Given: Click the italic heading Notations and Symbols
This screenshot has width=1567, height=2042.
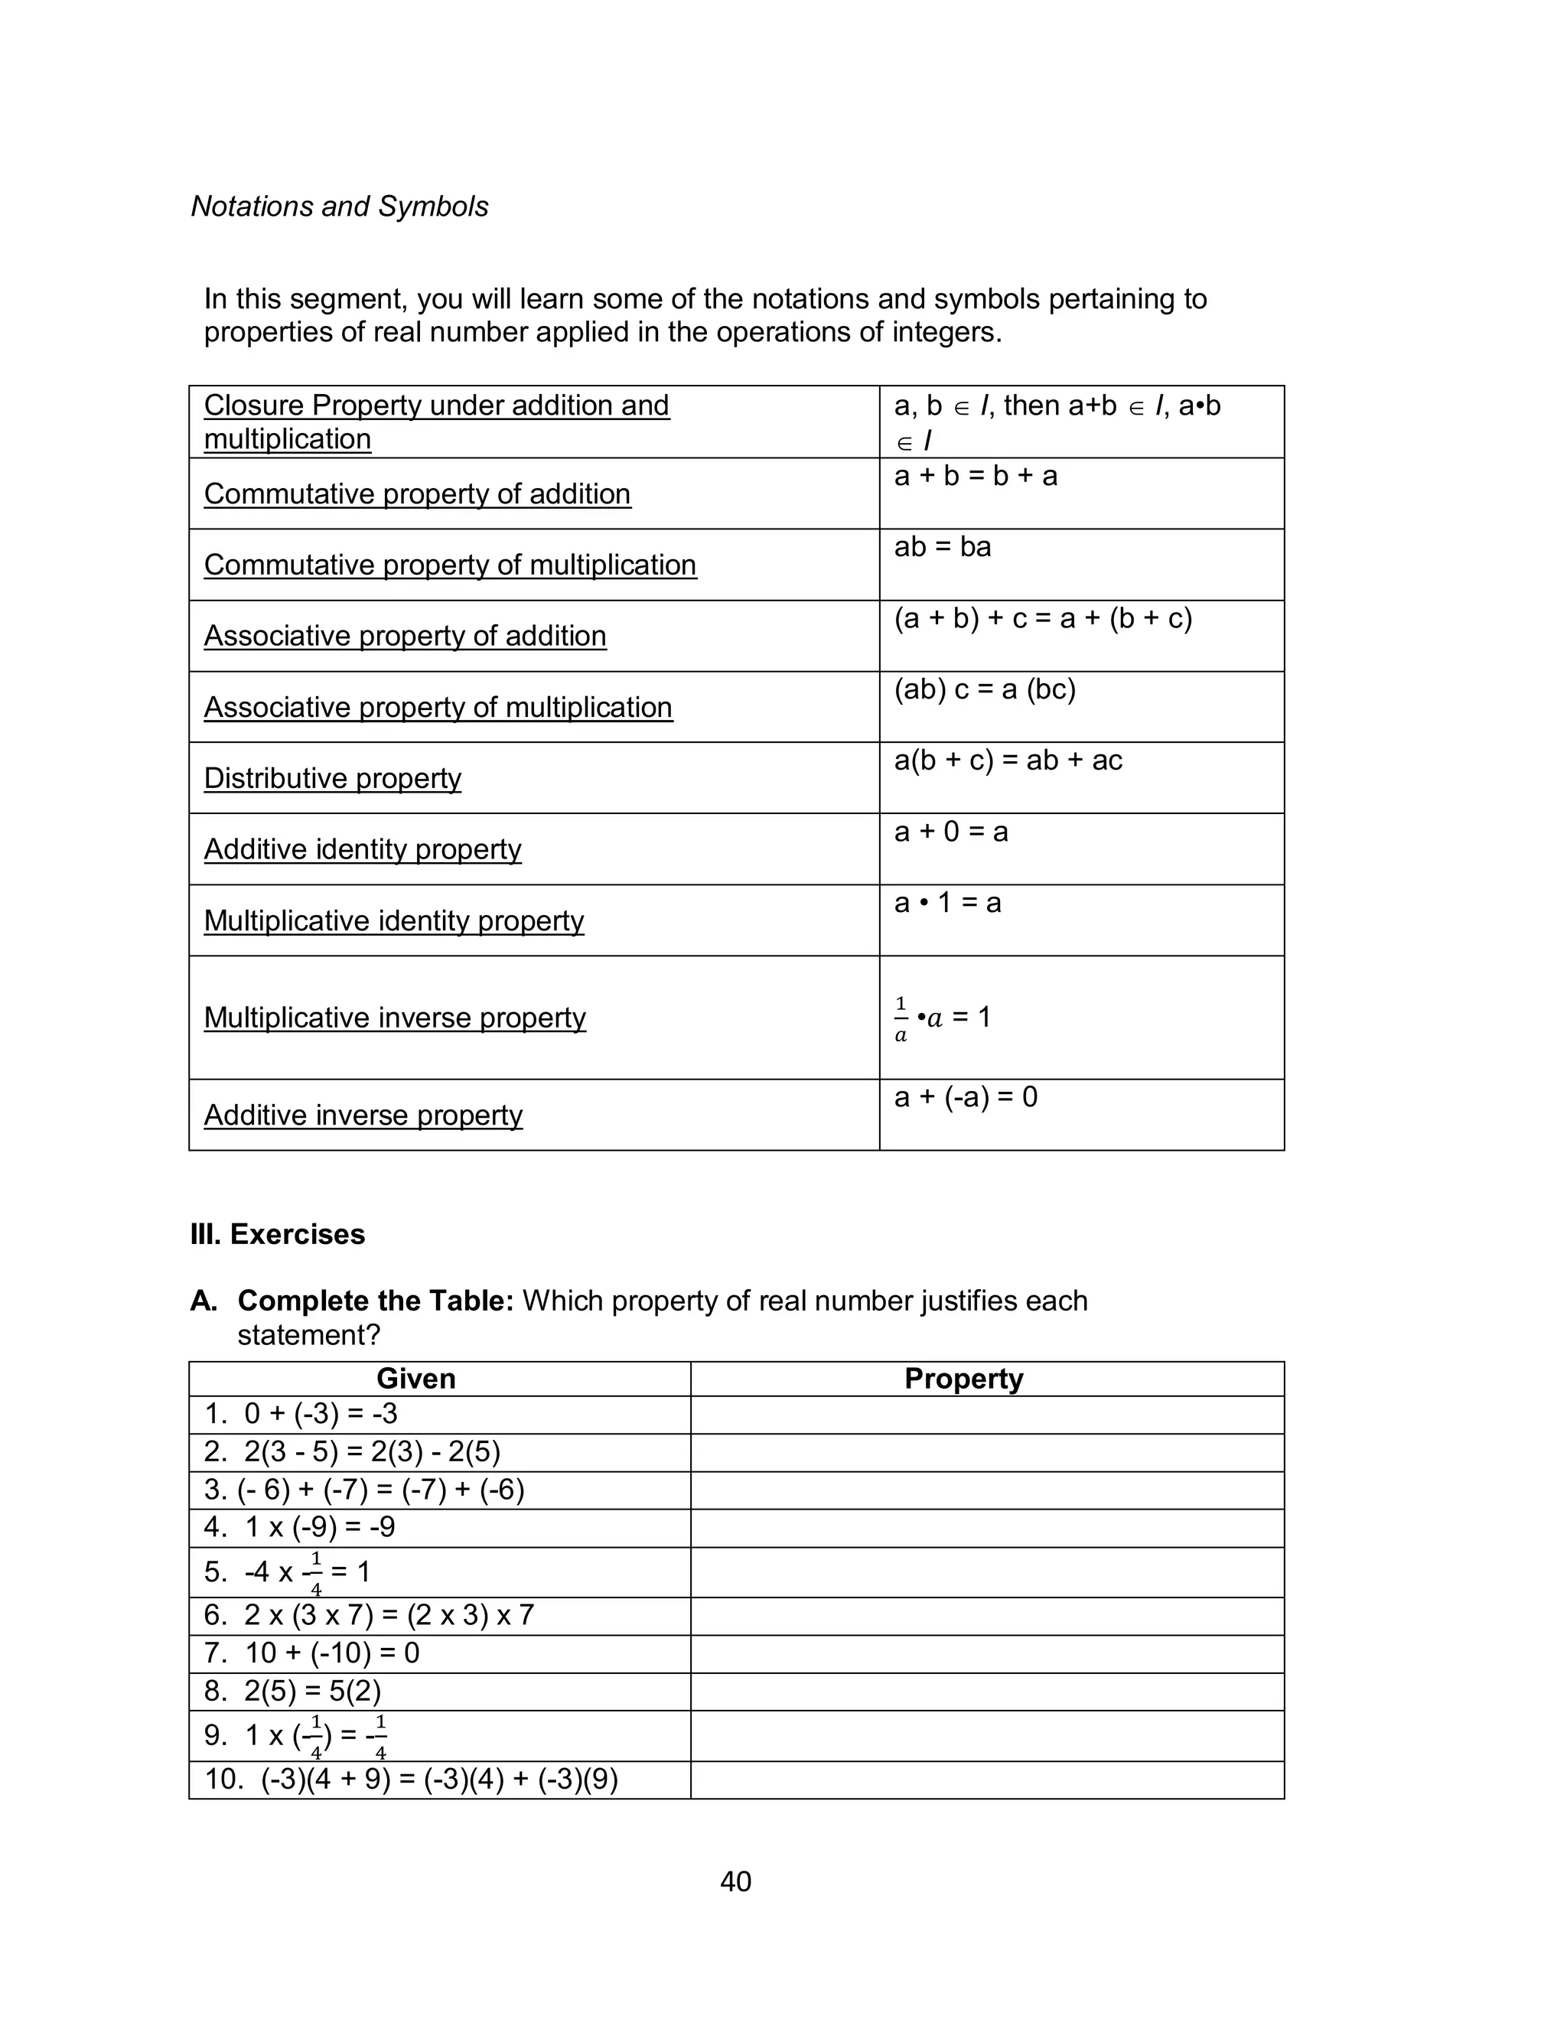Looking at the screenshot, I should click(x=340, y=206).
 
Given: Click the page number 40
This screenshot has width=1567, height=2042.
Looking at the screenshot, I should click(x=735, y=1881).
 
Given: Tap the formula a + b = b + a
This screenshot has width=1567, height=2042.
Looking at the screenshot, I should click(x=975, y=477).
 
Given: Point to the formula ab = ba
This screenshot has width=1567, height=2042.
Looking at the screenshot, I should click(x=942, y=546).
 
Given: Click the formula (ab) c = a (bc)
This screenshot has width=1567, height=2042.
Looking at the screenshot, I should click(x=984, y=689).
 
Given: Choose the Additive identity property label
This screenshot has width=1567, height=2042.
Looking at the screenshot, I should click(x=362, y=849).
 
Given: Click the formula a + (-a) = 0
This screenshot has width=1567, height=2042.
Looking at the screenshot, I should click(x=966, y=1096).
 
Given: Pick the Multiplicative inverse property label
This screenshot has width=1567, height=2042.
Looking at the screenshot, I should click(x=395, y=1018).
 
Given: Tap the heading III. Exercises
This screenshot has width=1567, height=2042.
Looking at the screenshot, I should click(x=277, y=1235).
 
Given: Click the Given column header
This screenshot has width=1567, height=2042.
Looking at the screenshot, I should click(x=416, y=1378).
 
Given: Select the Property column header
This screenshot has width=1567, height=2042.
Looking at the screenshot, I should click(x=963, y=1378).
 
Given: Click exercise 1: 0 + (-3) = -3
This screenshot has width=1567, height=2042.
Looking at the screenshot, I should click(x=301, y=1414).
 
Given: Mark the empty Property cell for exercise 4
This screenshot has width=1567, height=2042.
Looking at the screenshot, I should click(x=987, y=1526).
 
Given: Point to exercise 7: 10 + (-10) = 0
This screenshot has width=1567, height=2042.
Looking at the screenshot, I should click(x=312, y=1653).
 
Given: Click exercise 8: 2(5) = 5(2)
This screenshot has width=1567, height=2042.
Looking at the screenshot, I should click(x=293, y=1691).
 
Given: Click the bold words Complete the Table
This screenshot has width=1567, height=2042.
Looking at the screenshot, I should click(x=375, y=1301).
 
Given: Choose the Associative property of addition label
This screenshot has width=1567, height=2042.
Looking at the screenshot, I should click(x=405, y=636).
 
